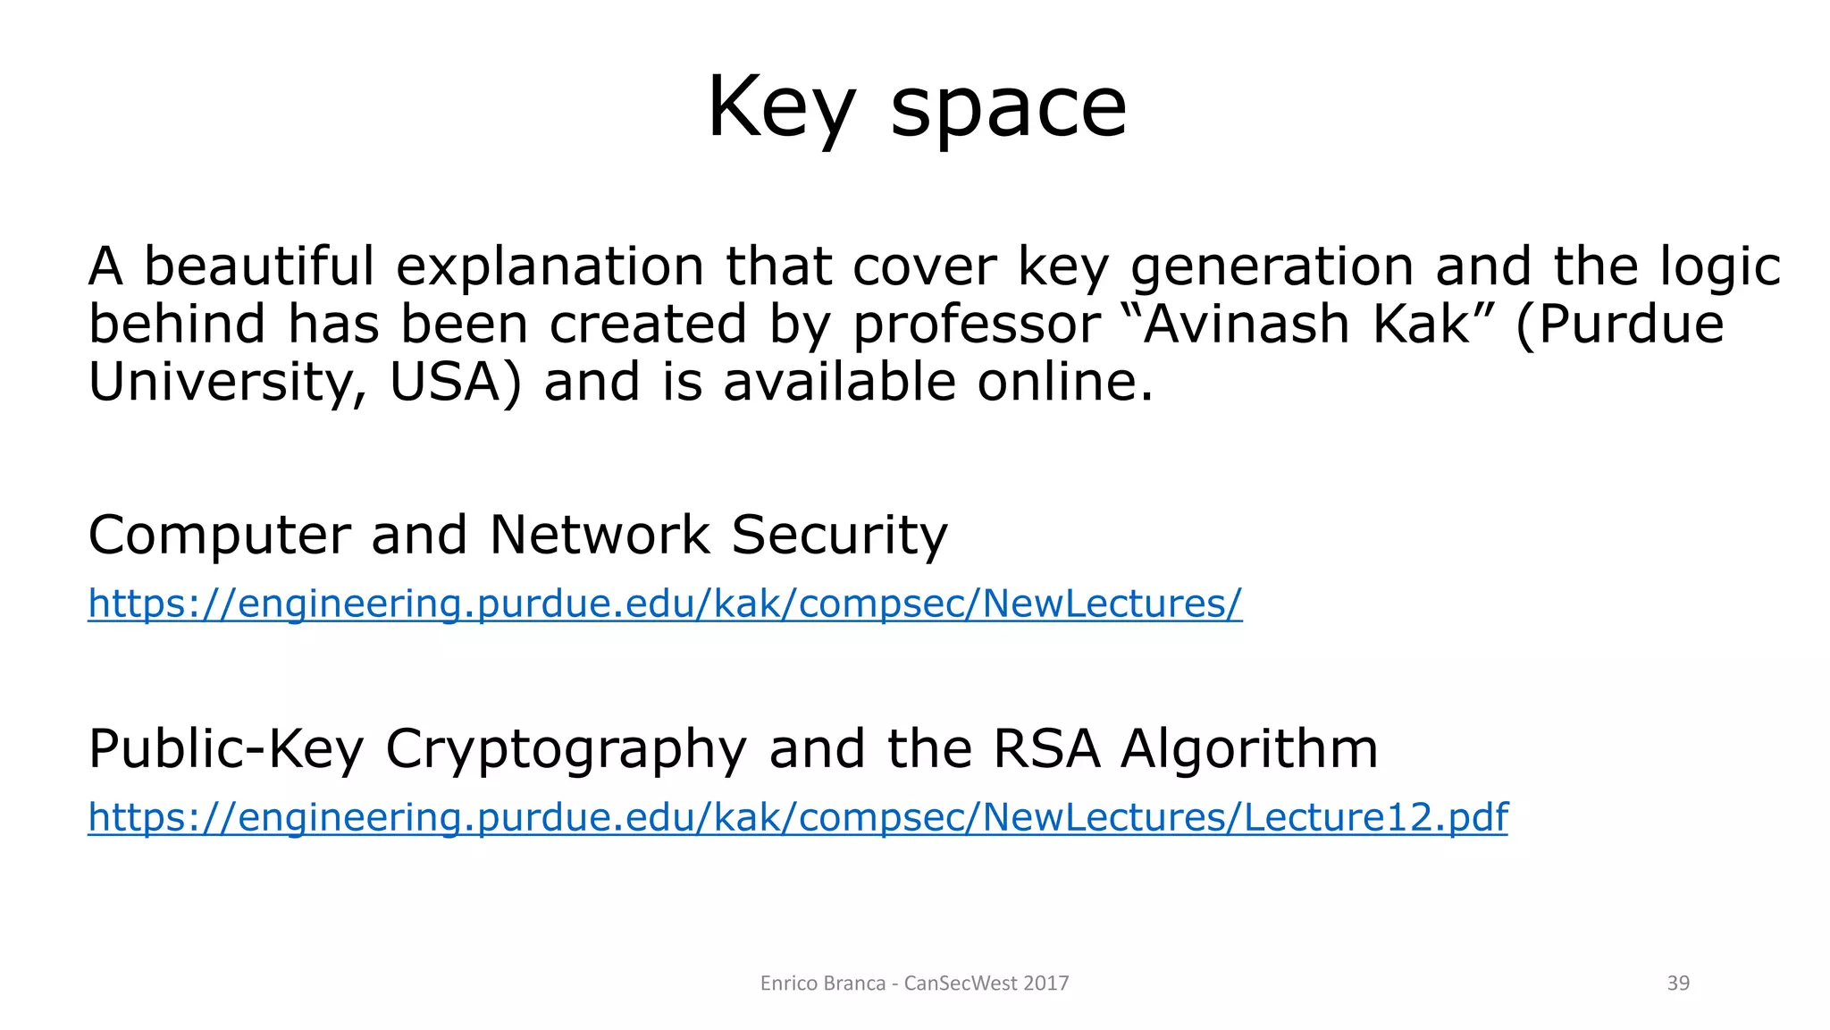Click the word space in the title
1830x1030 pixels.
click(x=1009, y=109)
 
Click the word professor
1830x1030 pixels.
click(x=977, y=325)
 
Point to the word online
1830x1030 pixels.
click(x=1064, y=382)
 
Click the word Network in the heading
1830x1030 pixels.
click(x=600, y=535)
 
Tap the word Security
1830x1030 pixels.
click(x=839, y=535)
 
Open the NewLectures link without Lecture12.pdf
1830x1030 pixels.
click(x=665, y=604)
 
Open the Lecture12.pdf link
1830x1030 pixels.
click(x=797, y=817)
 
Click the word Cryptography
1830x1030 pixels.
click(x=566, y=749)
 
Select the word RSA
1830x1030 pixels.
click(x=1045, y=748)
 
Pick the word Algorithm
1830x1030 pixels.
click(x=1249, y=748)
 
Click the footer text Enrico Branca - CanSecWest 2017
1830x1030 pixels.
click(x=914, y=984)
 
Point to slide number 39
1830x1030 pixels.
click(x=1678, y=984)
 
